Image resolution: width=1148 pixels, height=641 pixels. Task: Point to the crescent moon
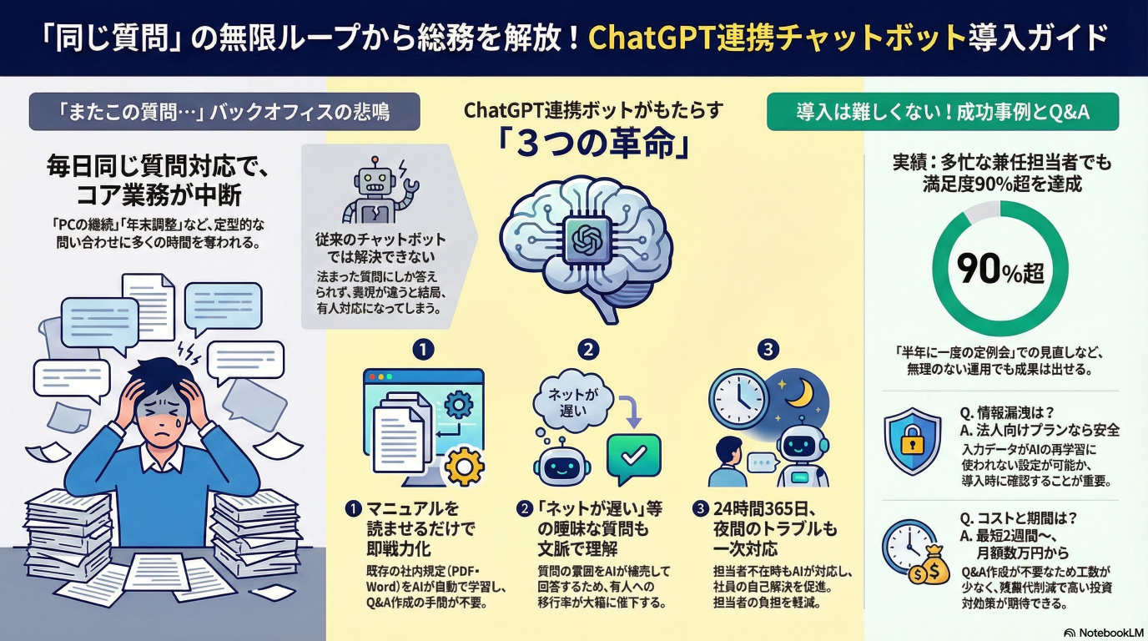pos(802,389)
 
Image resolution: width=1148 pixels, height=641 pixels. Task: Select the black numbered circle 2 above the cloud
pos(589,350)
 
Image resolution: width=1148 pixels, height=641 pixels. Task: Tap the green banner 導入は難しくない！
pos(942,112)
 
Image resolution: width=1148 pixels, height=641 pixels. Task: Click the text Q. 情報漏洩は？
pos(1009,412)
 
